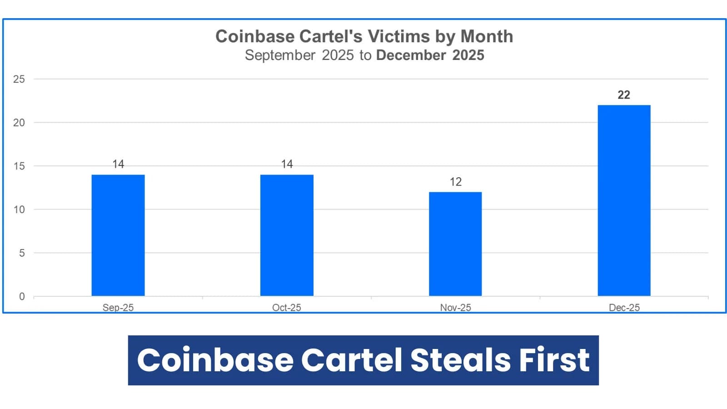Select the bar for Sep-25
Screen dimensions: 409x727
118,235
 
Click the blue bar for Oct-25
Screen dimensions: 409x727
287,235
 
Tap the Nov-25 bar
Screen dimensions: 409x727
455,244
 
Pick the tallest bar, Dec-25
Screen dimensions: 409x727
624,200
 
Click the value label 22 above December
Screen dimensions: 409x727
624,95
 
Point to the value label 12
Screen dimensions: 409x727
456,182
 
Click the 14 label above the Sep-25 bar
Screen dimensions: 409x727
118,164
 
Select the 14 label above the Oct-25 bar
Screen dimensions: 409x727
287,164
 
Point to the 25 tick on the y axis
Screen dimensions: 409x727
19,79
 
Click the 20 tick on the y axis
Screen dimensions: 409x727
19,123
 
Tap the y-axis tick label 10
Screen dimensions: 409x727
19,209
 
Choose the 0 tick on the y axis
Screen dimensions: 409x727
22,297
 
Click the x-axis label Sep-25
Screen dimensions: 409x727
118,308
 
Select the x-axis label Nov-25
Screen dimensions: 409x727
455,308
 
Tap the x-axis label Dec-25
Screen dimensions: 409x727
624,308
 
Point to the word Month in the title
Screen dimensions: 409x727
487,36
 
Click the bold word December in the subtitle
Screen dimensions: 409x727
411,55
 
